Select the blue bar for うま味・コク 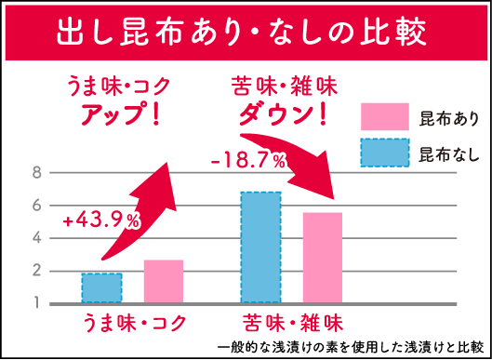tap(101, 287)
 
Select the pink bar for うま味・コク tap(164, 282)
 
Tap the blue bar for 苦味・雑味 tap(260, 247)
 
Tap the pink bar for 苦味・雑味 tap(323, 258)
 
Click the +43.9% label tap(101, 221)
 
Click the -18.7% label tap(247, 161)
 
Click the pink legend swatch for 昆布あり tap(384, 116)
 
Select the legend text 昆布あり tap(449, 117)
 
